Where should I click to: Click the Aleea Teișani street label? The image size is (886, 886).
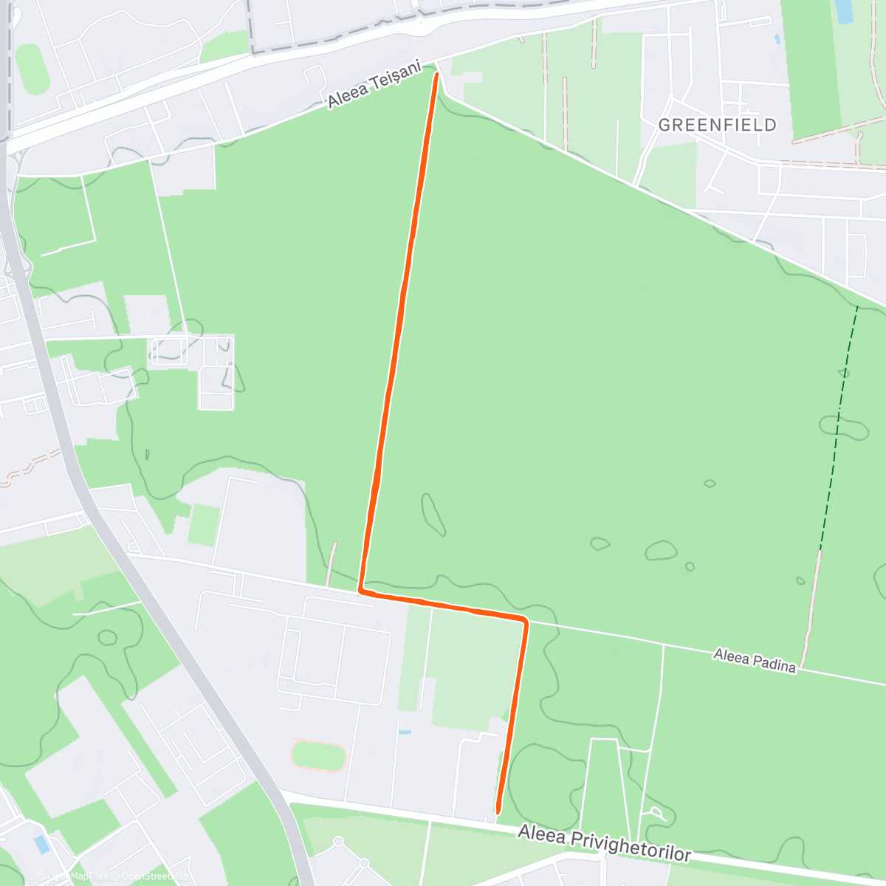[x=374, y=86]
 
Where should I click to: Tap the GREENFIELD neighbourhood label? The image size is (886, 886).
[x=717, y=125]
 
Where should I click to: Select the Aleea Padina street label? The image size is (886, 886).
[x=755, y=660]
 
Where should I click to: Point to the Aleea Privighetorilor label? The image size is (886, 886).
[x=604, y=843]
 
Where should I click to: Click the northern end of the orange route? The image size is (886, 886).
[x=436, y=75]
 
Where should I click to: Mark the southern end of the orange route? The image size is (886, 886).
[x=498, y=811]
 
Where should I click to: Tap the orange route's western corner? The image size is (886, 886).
[x=361, y=591]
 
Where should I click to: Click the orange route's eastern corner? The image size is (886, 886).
[x=525, y=619]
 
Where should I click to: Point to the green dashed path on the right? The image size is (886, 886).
[x=838, y=428]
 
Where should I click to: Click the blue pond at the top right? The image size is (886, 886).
[x=842, y=10]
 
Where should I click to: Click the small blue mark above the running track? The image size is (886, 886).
[x=404, y=732]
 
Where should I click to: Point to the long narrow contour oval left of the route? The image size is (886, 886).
[x=433, y=515]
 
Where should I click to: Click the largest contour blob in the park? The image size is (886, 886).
[x=661, y=551]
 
